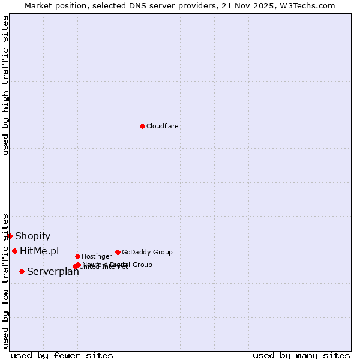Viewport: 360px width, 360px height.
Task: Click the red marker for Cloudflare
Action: [142, 126]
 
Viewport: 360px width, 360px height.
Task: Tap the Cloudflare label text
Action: [163, 126]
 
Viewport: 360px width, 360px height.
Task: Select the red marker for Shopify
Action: [10, 236]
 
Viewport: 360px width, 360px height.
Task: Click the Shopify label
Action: [33, 236]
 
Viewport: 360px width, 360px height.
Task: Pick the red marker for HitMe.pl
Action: [14, 251]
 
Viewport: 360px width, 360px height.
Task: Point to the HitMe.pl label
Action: [40, 251]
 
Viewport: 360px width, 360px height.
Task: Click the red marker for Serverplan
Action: [22, 271]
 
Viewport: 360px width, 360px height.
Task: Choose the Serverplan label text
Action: [53, 272]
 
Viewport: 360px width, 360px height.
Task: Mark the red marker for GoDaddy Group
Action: [118, 252]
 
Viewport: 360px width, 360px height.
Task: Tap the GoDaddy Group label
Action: [147, 252]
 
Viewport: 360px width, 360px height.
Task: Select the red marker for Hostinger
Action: [77, 256]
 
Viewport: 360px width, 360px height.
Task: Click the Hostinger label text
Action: [97, 257]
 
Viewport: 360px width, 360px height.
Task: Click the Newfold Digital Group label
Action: [118, 265]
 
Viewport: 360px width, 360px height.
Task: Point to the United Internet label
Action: [104, 267]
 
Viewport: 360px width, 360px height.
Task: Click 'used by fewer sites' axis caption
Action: [62, 355]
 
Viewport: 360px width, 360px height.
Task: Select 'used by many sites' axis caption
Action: [301, 355]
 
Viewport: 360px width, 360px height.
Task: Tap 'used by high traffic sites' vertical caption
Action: [6, 85]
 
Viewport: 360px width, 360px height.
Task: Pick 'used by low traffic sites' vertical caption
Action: [6, 281]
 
